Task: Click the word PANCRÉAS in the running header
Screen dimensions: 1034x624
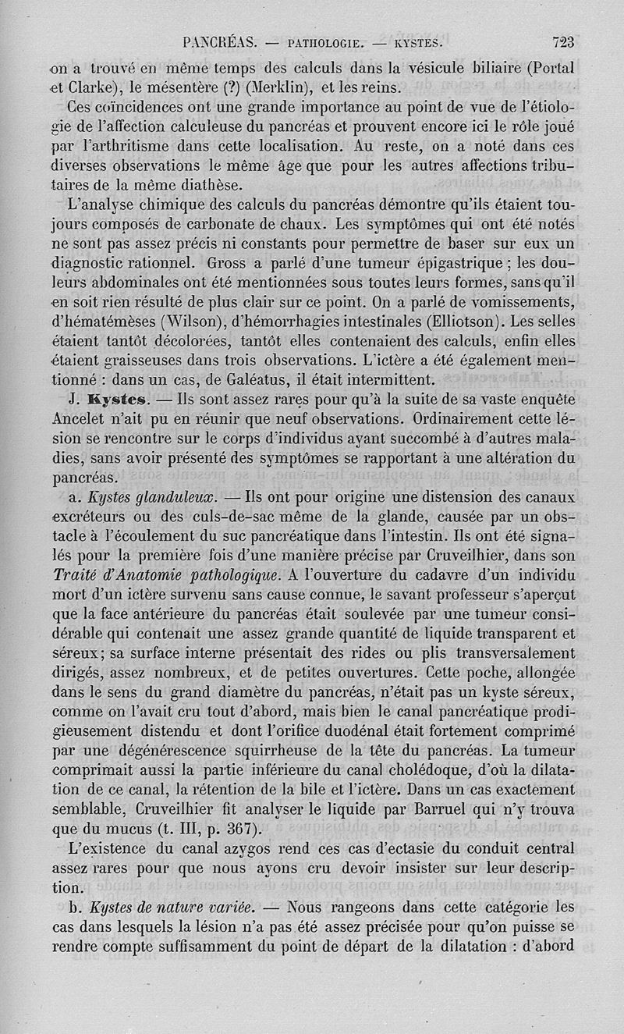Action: tap(219, 43)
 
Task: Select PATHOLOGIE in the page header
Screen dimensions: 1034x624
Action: tap(324, 44)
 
